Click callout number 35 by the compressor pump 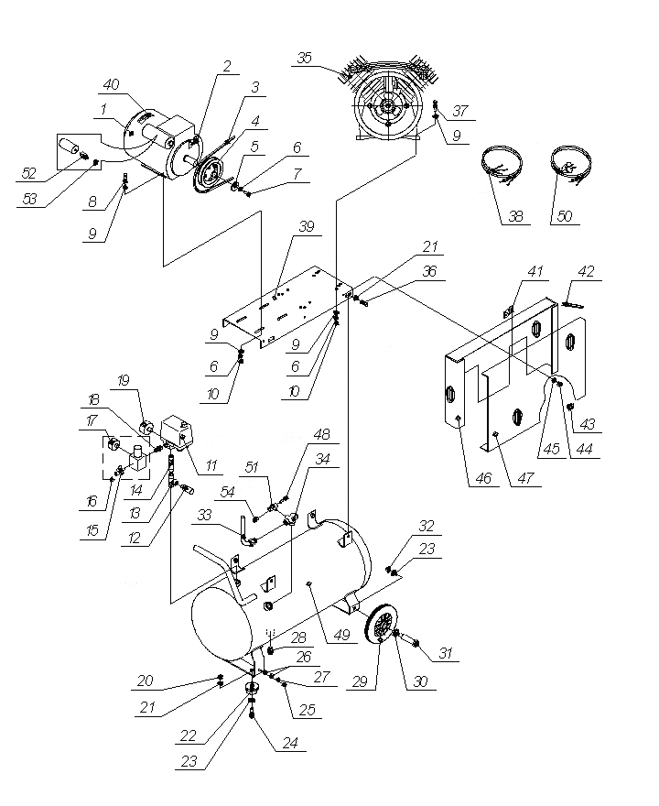pos(305,58)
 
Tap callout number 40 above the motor pos(111,84)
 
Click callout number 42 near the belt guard pos(586,271)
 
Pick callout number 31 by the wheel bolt pos(446,653)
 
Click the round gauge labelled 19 pos(145,426)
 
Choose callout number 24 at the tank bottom pos(290,744)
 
